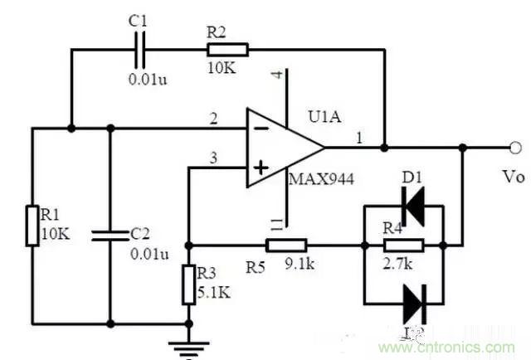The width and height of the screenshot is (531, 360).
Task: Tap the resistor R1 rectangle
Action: pyautogui.click(x=32, y=224)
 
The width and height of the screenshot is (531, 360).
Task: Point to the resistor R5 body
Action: pyautogui.click(x=286, y=245)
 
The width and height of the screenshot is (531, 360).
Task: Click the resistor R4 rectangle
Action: pyautogui.click(x=404, y=245)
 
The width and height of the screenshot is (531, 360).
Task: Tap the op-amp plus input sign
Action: pyautogui.click(x=260, y=169)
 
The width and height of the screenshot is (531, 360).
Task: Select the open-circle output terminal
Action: pyautogui.click(x=516, y=148)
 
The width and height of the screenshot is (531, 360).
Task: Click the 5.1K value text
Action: pyautogui.click(x=215, y=291)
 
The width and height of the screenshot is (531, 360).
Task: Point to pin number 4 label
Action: pyautogui.click(x=278, y=77)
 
